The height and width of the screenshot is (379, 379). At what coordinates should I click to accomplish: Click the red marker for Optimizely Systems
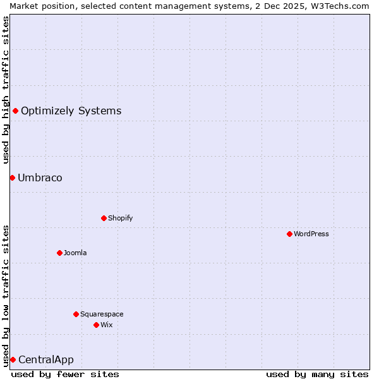tap(15, 111)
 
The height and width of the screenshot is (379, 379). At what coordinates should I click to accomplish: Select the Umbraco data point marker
tap(12, 177)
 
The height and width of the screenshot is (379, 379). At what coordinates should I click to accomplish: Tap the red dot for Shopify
tap(104, 218)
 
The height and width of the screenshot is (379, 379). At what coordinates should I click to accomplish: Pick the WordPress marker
tap(289, 234)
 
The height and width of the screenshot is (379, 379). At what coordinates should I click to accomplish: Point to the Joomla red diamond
tap(59, 253)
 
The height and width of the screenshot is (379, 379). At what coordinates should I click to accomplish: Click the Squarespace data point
tap(76, 314)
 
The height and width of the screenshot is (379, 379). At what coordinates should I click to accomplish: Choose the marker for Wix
tap(96, 325)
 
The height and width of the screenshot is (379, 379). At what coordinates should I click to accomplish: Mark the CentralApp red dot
tap(13, 359)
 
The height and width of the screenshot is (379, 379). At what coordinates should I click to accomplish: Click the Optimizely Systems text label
tap(71, 111)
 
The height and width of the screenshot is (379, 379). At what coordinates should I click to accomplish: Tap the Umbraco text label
tap(40, 177)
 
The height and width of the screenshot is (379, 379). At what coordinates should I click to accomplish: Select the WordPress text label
tap(311, 234)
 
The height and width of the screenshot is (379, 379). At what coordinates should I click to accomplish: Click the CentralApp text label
tap(46, 360)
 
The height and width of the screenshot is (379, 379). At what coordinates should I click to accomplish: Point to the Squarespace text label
tap(102, 314)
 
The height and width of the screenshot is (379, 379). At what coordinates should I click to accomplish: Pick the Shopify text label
tap(120, 218)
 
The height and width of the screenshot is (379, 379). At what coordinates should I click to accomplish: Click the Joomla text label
tap(75, 253)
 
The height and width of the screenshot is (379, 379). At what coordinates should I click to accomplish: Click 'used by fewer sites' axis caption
tap(65, 374)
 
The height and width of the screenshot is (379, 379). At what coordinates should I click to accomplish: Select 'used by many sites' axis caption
tap(317, 374)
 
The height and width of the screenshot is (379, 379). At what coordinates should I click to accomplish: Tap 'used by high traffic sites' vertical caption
tap(6, 90)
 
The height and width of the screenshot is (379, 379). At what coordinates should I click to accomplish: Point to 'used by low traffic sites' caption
tap(6, 295)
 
